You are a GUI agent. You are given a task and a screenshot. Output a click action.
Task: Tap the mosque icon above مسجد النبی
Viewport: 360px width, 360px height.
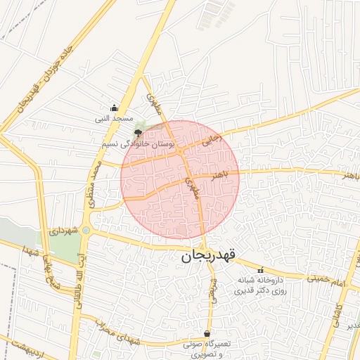coord(114,108)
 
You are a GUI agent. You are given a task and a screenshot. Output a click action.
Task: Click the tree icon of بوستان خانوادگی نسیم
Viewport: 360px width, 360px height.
coord(137,131)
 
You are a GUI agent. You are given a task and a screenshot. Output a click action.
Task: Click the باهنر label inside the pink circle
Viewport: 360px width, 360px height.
coord(205,174)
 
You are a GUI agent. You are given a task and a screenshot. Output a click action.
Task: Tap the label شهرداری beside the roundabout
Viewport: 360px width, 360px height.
coord(62,230)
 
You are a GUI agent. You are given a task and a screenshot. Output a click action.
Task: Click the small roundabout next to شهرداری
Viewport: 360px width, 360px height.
coord(86,230)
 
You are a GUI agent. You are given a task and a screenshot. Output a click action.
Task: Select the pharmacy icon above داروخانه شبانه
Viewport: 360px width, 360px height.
coord(261,270)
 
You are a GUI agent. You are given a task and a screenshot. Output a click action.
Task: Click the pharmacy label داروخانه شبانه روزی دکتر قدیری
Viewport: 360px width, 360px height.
coord(262,285)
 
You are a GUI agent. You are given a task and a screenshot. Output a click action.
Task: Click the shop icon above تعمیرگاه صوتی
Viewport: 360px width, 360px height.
coord(207,333)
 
